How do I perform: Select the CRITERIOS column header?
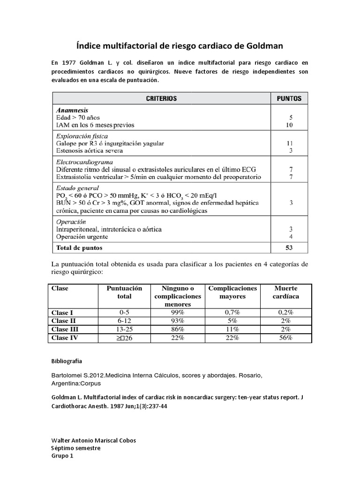pyautogui.click(x=161, y=98)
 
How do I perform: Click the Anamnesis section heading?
pyautogui.click(x=73, y=109)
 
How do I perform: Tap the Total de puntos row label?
pyautogui.click(x=79, y=247)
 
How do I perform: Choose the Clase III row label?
pyautogui.click(x=65, y=329)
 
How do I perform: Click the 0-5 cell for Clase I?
pyautogui.click(x=125, y=312)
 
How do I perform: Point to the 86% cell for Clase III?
pyautogui.click(x=178, y=329)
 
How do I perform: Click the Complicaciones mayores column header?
pyautogui.click(x=232, y=292)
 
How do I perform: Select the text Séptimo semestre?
pyautogui.click(x=75, y=448)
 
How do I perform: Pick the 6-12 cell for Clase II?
pyautogui.click(x=125, y=321)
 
